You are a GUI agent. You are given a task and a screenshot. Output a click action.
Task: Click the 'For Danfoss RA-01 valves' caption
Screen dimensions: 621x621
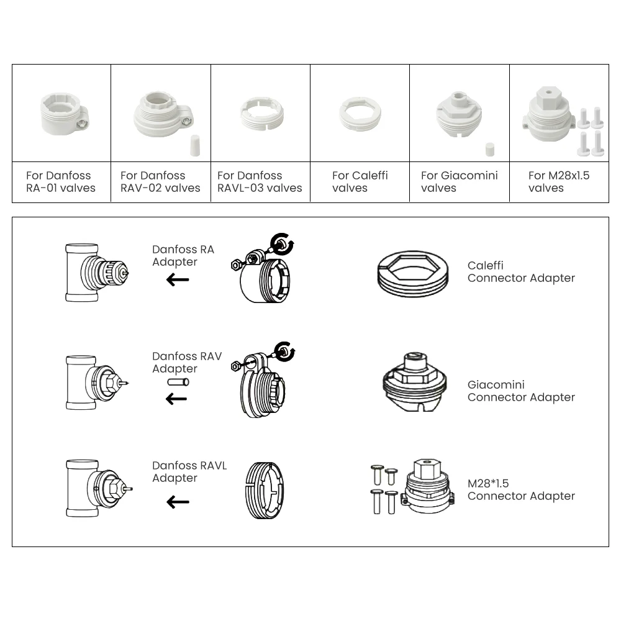[x=61, y=181]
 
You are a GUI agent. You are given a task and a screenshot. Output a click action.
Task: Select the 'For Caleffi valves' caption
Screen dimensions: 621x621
[x=360, y=181]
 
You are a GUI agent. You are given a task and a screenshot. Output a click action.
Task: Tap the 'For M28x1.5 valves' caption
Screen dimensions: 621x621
[x=558, y=181]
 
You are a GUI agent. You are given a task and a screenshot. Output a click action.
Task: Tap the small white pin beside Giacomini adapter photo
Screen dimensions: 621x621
[x=489, y=150]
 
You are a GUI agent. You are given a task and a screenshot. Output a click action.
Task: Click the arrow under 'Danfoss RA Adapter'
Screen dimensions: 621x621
[x=178, y=280]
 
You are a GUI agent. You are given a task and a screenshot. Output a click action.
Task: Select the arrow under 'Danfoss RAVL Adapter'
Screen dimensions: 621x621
[x=178, y=502]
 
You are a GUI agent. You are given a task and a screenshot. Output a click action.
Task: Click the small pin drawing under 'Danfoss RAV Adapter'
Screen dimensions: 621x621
[x=178, y=383]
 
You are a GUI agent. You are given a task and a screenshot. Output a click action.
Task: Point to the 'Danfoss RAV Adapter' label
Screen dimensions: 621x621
[x=186, y=363]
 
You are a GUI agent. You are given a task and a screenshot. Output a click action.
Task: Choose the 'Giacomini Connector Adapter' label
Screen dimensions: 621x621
[x=521, y=391]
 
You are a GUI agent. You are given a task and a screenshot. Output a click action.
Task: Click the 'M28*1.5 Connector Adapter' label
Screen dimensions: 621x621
[x=521, y=489]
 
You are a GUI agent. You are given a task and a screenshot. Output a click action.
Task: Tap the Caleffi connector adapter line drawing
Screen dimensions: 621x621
[x=412, y=273]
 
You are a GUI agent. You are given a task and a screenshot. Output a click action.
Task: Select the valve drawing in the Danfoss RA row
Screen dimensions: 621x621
[x=96, y=273]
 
